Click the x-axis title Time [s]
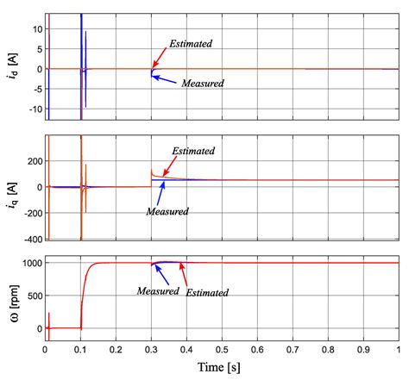tap(222, 368)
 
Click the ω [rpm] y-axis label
tap(10, 298)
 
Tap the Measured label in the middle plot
tap(167, 211)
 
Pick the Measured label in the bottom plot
tap(159, 291)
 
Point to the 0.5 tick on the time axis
tap(222, 351)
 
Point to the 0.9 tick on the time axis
tap(363, 351)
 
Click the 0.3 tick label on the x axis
tap(151, 351)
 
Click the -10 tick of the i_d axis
tap(33, 109)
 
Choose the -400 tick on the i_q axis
tap(30, 238)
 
